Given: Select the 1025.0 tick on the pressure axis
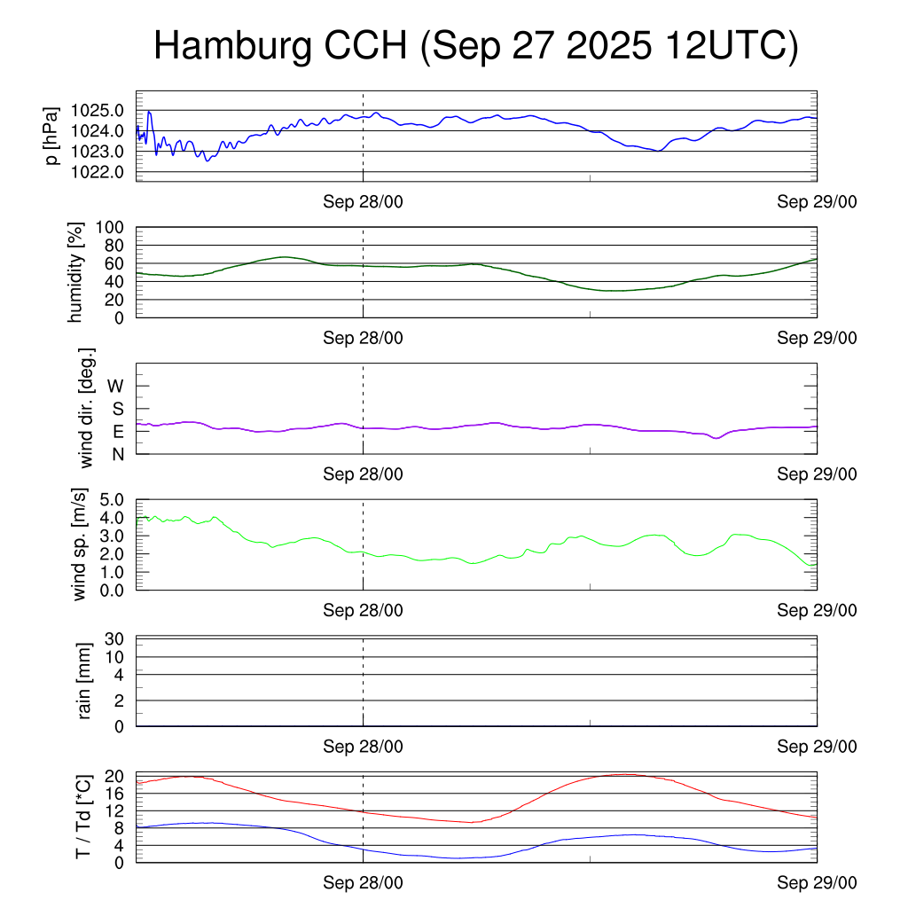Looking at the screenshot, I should (x=98, y=111).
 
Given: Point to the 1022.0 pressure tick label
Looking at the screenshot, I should (x=98, y=171).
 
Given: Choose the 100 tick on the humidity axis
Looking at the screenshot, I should (x=112, y=227).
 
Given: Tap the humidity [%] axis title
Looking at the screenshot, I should (x=77, y=272).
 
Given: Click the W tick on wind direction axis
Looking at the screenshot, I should (x=115, y=387).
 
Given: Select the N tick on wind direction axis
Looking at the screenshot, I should (x=116, y=453).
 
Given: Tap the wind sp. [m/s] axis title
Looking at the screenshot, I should (x=82, y=544).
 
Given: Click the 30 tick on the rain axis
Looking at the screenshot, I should (x=114, y=639).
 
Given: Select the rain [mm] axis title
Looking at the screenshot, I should (x=85, y=681).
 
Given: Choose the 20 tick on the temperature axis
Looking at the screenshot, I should (x=114, y=777).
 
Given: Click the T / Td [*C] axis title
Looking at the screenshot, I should (x=82, y=816).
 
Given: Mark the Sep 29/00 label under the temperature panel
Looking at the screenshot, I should (x=817, y=882).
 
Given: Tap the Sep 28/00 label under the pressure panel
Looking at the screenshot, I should (x=363, y=201).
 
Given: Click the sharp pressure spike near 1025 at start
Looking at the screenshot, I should (x=149, y=112).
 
